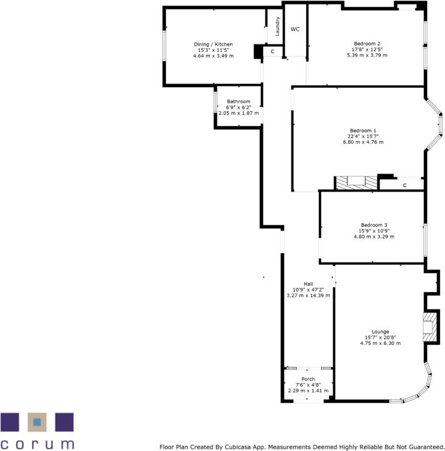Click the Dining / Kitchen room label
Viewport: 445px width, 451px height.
pyautogui.click(x=213, y=44)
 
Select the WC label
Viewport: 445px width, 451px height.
pyautogui.click(x=295, y=29)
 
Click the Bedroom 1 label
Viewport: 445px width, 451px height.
pyautogui.click(x=363, y=130)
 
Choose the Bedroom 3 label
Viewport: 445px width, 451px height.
pyautogui.click(x=373, y=225)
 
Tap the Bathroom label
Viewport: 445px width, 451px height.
pyautogui.click(x=238, y=101)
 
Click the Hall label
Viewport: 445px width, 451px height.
pyautogui.click(x=308, y=284)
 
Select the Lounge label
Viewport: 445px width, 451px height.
pyautogui.click(x=372, y=332)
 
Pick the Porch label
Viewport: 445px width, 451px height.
pyautogui.click(x=308, y=379)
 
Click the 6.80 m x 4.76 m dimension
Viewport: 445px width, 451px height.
pyautogui.click(x=363, y=142)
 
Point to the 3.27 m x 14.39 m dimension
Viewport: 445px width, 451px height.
pyautogui.click(x=308, y=295)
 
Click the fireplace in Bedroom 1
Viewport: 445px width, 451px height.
pyautogui.click(x=356, y=182)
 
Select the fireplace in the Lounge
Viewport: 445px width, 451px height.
pyautogui.click(x=428, y=326)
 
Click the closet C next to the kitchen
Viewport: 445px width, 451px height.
pyautogui.click(x=272, y=53)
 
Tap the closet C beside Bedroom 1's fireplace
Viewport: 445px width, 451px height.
pyautogui.click(x=404, y=185)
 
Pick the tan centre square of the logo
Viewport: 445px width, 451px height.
pyautogui.click(x=37, y=422)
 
